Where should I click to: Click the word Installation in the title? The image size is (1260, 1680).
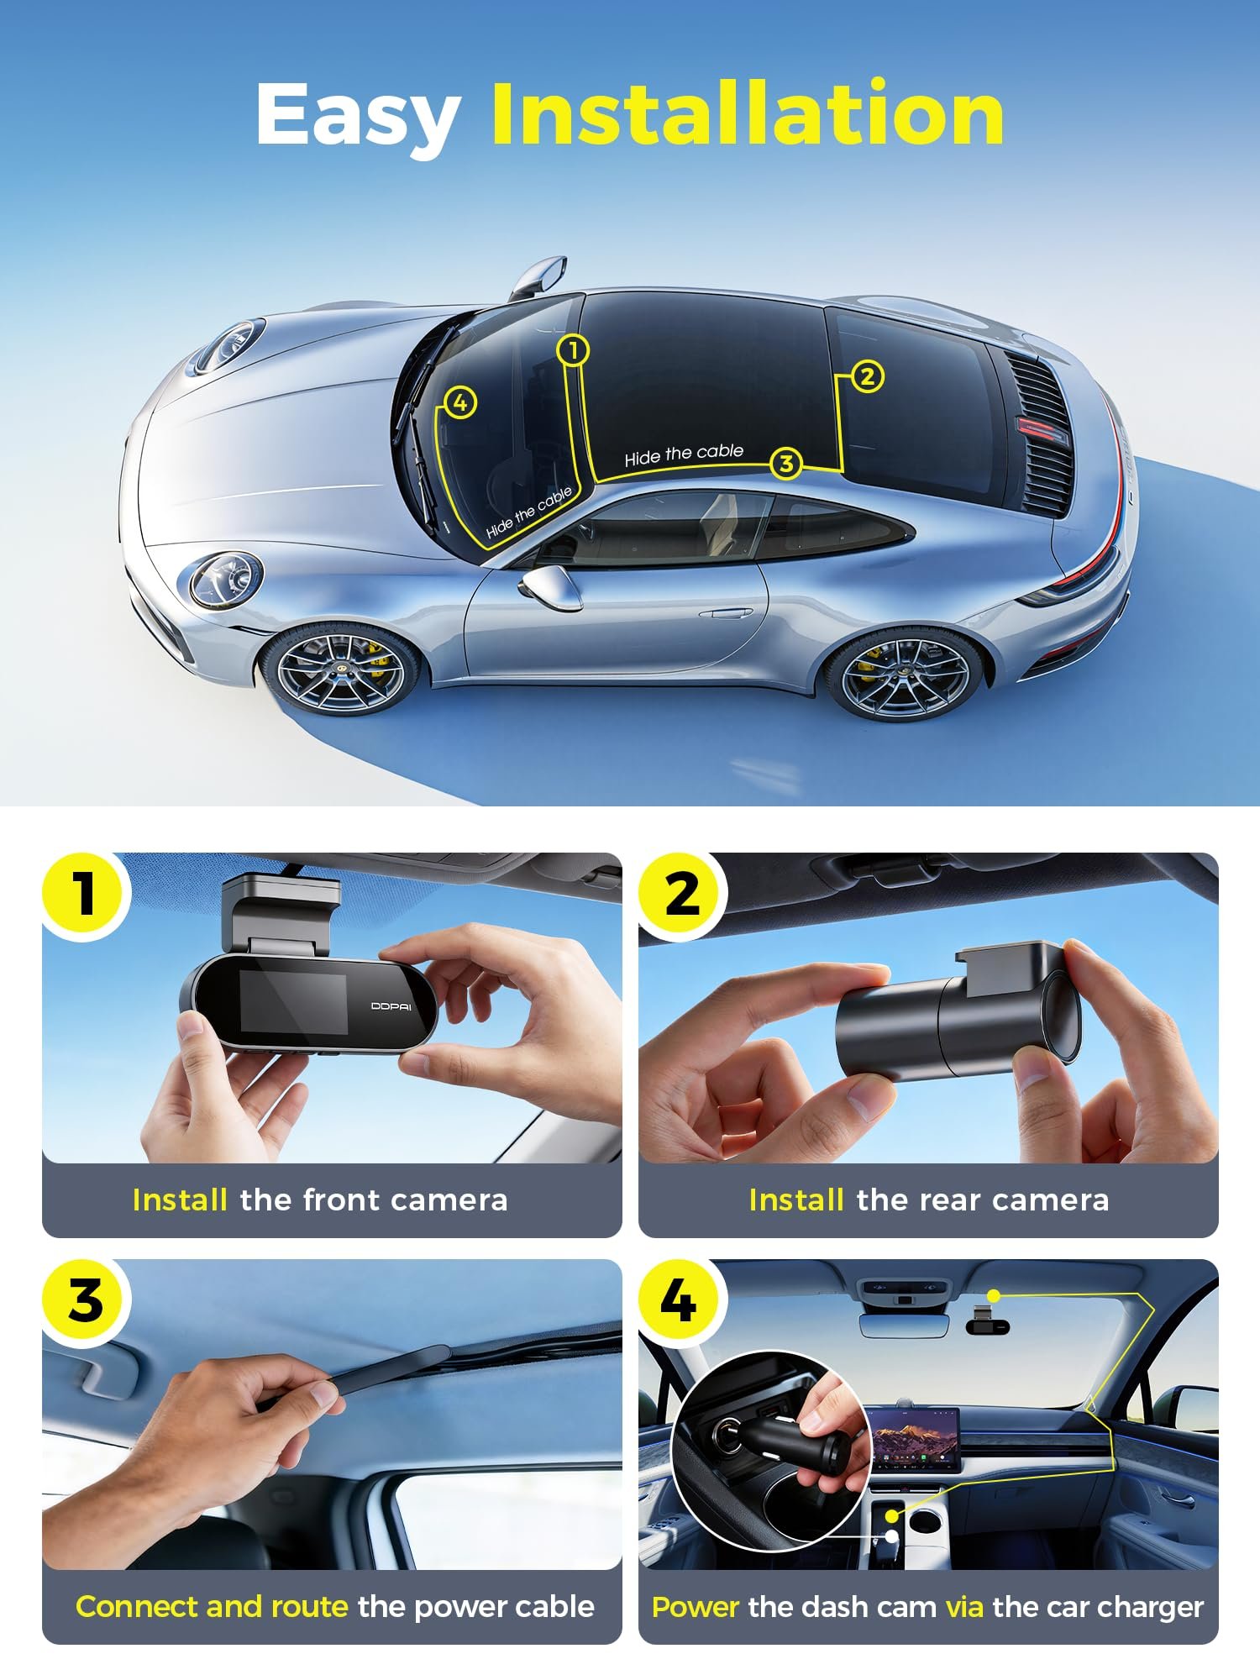click(748, 113)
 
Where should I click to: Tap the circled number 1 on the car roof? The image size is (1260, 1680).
click(573, 350)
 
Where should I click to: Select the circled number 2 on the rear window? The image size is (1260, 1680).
click(868, 376)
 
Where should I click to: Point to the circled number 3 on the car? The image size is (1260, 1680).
click(786, 463)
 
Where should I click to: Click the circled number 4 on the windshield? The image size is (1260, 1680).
click(460, 403)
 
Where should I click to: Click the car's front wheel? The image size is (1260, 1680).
click(340, 669)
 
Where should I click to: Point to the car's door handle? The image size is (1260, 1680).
click(726, 613)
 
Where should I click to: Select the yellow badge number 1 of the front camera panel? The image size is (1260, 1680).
click(85, 893)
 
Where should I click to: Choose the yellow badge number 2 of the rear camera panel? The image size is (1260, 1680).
click(681, 893)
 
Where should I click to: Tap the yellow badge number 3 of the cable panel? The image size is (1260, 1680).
click(85, 1299)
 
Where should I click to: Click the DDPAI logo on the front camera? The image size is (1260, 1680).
click(391, 1006)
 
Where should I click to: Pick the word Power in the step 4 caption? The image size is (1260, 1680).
click(696, 1607)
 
